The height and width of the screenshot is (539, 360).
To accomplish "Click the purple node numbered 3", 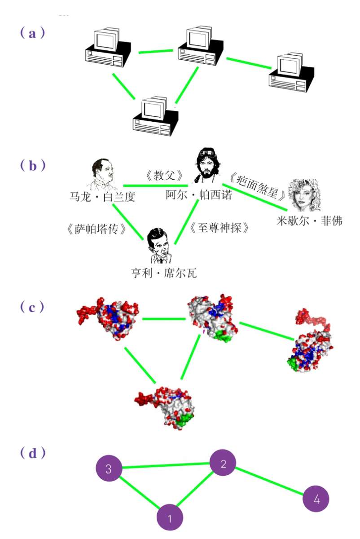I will (108, 469).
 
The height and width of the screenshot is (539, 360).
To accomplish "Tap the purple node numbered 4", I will (316, 499).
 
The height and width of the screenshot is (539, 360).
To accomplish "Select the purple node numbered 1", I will (170, 518).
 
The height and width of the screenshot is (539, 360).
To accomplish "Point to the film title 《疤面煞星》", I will (257, 186).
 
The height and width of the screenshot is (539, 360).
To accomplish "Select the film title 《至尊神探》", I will (219, 228).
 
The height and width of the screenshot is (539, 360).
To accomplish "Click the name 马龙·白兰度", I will (102, 197).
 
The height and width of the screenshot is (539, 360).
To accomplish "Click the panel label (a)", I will (32, 33).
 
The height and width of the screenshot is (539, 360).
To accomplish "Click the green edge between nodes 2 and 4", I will (270, 482).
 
